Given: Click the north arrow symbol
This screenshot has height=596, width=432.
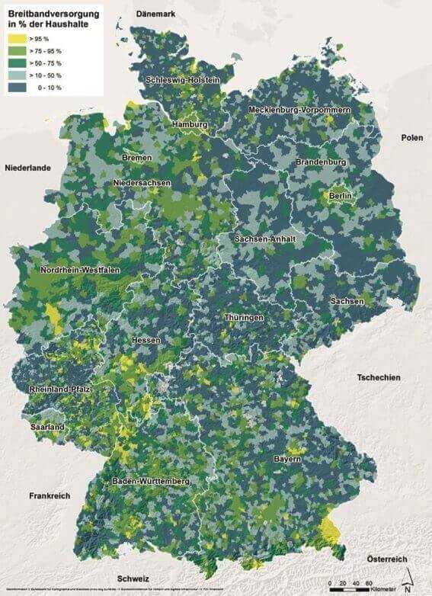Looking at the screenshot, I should tap(410, 581).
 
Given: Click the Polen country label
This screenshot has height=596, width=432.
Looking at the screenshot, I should tap(412, 137).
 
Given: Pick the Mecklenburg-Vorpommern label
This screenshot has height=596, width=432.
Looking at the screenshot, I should tap(299, 111).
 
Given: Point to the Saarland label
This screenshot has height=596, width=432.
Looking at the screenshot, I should tap(47, 428).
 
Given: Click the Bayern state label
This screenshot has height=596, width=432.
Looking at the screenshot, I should tap(288, 460).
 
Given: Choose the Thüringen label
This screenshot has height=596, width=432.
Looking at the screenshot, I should tap(244, 317).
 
